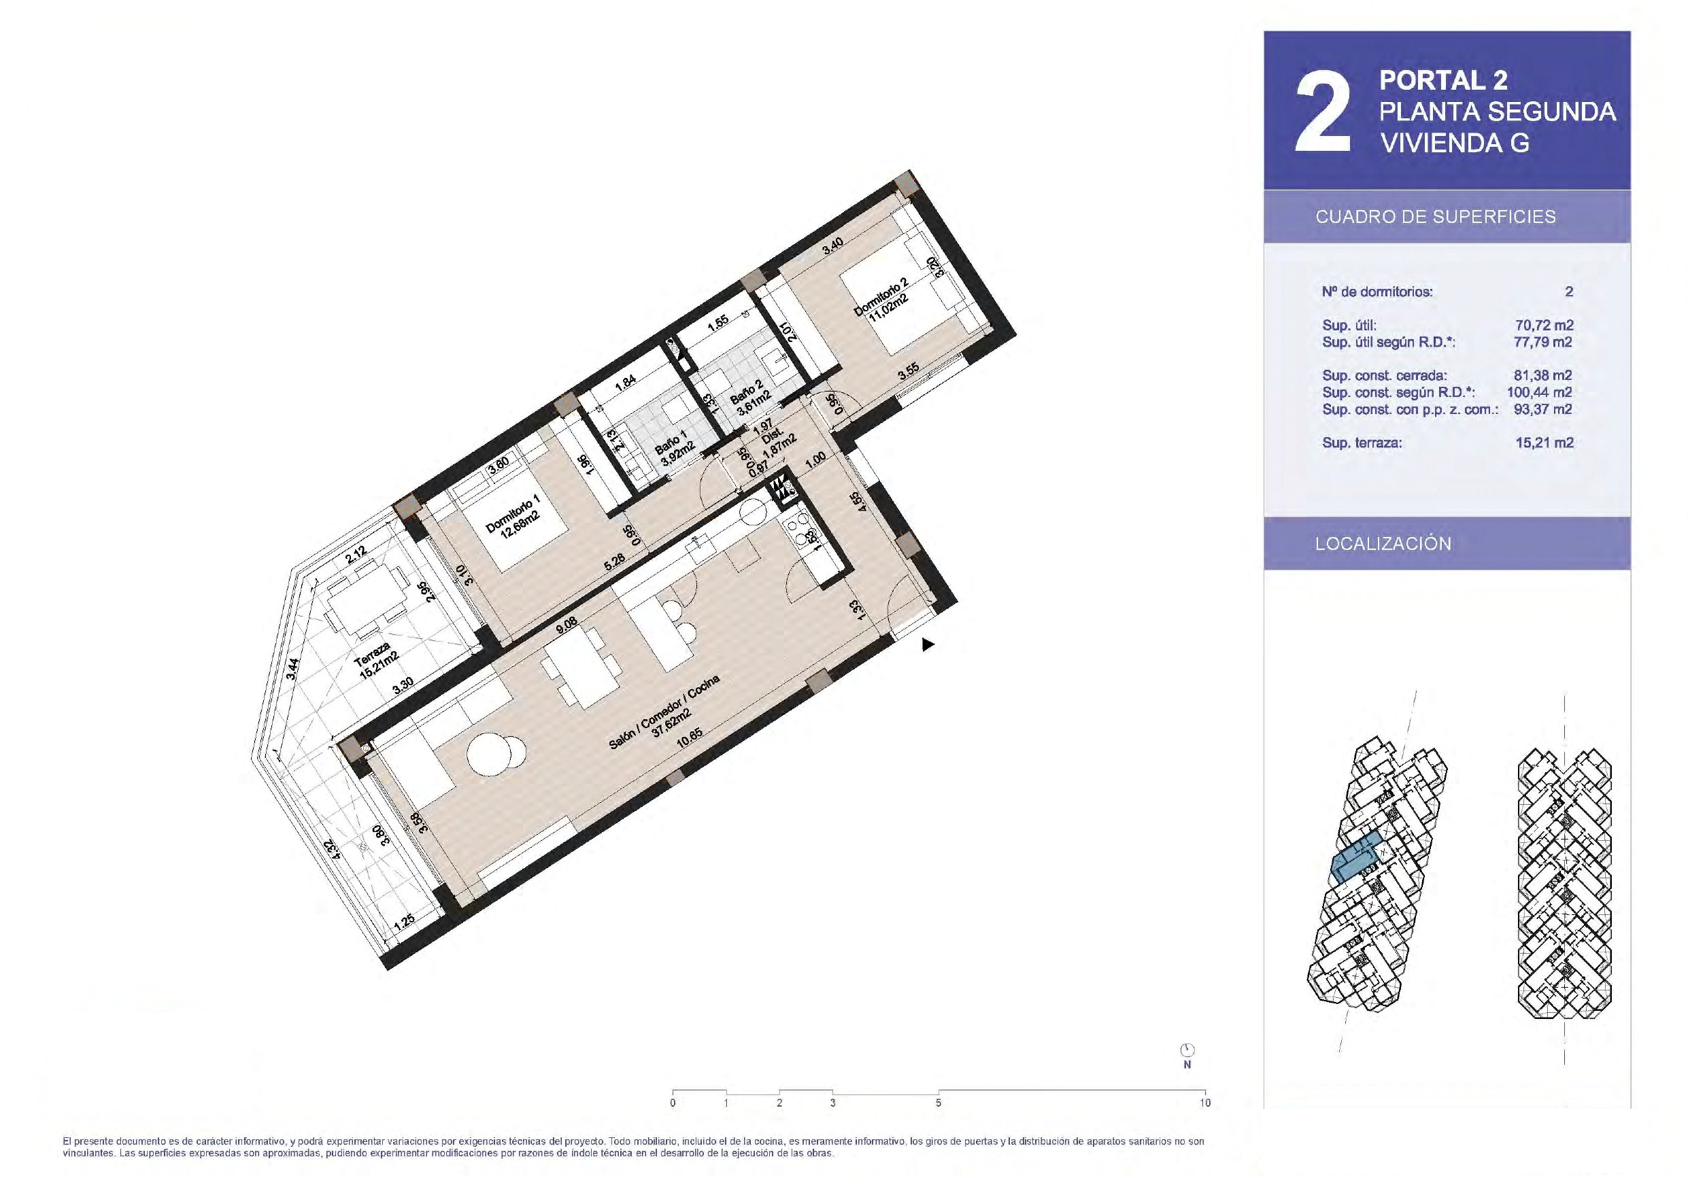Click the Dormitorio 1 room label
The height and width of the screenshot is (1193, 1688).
click(513, 517)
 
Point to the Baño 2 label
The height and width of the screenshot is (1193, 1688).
click(751, 398)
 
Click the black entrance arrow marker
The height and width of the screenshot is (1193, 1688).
click(928, 644)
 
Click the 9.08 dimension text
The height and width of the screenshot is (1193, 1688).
click(566, 625)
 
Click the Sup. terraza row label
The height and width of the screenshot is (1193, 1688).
click(1362, 443)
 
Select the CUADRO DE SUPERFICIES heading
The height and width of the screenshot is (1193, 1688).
click(1436, 217)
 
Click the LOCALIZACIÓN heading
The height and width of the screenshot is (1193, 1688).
click(1383, 544)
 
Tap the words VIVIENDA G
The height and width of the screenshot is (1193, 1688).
click(1454, 143)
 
